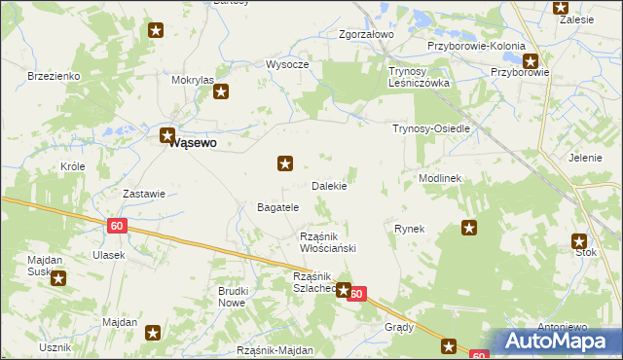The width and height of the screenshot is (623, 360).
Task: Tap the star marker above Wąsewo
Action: [167, 136]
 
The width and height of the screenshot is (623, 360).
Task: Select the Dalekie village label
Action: [329, 185]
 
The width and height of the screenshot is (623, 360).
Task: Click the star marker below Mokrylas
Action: [221, 93]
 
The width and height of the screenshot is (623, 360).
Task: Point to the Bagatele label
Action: [276, 207]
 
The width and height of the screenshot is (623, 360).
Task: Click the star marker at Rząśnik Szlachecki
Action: [343, 289]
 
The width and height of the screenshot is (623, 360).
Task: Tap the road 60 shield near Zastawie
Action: [117, 226]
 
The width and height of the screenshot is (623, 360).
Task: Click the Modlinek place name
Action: [440, 179]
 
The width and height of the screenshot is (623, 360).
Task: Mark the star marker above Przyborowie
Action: [531, 60]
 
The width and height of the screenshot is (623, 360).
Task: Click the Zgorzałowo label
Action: [365, 35]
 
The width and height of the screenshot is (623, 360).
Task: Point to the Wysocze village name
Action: [287, 64]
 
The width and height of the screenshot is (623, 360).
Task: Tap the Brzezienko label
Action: [54, 76]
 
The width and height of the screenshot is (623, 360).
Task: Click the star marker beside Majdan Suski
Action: [58, 279]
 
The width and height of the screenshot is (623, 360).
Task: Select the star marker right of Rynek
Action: [469, 229]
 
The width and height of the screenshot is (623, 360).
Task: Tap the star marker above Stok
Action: [580, 240]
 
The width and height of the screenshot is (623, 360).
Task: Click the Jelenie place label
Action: [585, 157]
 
